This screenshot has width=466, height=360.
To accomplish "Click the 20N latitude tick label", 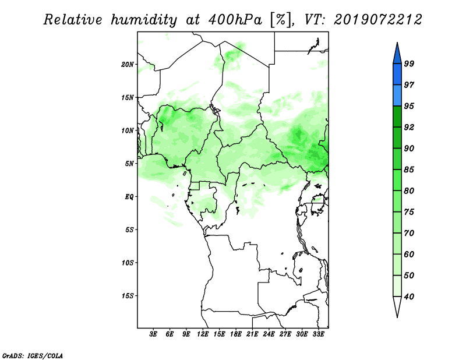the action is [128, 64].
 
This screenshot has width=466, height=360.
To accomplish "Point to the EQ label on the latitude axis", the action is [129, 196].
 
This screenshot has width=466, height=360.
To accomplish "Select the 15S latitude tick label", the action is [128, 296].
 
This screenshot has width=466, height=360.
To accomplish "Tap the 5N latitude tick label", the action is [129, 164].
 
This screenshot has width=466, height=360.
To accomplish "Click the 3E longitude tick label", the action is [153, 334].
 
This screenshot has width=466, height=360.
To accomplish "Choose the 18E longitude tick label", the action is [236, 334].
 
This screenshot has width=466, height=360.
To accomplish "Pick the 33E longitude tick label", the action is [318, 334].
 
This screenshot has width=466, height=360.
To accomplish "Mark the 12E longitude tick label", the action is [203, 334].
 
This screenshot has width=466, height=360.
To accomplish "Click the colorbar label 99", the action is [409, 63].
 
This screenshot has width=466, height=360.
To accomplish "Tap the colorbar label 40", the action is [409, 297].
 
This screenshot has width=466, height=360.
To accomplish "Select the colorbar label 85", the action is [409, 170].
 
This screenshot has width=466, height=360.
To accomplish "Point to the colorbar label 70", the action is [409, 233].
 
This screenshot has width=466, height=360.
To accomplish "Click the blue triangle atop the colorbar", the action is [397, 55].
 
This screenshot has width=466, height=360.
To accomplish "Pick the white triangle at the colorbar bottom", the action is [397, 305].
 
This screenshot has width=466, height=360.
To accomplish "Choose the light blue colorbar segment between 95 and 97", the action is [397, 96].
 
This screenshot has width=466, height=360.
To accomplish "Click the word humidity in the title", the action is [143, 20].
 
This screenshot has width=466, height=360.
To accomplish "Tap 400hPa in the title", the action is [235, 20].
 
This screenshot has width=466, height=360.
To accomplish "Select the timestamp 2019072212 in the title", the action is [377, 20].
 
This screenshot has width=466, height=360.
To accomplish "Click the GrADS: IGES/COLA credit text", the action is [33, 355].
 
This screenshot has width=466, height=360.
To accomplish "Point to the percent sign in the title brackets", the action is [280, 20].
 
